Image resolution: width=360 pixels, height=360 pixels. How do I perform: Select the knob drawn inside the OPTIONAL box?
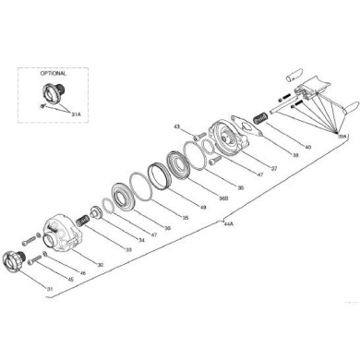coord(48,93)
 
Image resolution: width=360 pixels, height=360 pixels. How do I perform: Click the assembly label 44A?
coord(227,222)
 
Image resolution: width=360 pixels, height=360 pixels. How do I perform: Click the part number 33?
coord(127,250)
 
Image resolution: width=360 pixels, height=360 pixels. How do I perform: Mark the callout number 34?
coord(141,240)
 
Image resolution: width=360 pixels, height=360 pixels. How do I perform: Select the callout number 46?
coord(85,272)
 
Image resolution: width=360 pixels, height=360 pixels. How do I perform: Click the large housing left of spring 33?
coord(64,231)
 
